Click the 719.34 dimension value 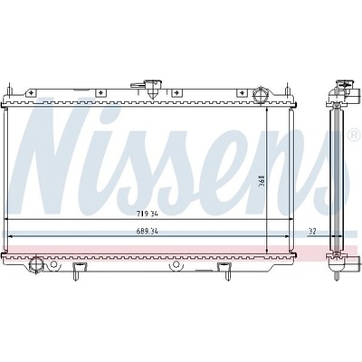(148, 214)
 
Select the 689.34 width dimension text (148, 232)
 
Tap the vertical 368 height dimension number (262, 181)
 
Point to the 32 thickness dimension (312, 232)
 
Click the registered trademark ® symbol (354, 135)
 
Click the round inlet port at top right (260, 94)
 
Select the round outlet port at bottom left (36, 265)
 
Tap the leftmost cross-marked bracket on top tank (30, 93)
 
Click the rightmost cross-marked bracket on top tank (241, 93)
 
